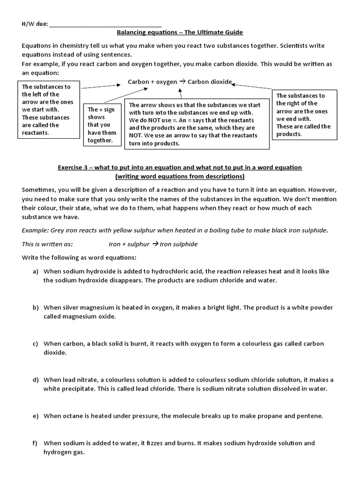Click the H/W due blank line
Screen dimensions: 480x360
pos(105,24)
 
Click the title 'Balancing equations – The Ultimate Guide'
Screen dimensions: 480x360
pos(180,32)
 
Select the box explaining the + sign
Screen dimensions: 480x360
pos(101,125)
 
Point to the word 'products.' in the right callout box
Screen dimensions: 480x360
pos(289,134)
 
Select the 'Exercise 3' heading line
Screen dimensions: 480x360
pos(180,167)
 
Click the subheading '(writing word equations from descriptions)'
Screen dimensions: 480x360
pos(180,176)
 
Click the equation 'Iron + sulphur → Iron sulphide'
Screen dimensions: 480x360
pos(153,244)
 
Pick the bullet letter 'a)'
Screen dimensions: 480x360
pos(36,271)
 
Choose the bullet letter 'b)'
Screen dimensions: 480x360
pos(36,307)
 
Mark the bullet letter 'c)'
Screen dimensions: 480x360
pos(36,344)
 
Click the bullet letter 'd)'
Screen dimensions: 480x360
pos(36,380)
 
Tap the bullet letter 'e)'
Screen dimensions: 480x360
pos(36,416)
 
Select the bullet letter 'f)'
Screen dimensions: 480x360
pos(36,443)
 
